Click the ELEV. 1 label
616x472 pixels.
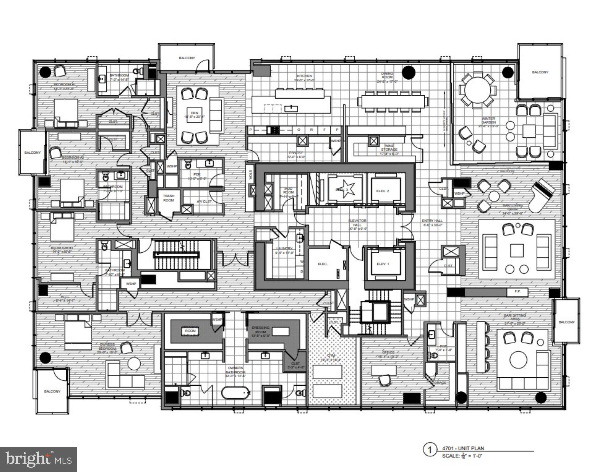coord(383,264)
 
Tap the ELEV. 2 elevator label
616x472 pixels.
coord(383,191)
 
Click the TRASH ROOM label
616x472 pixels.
coord(168,198)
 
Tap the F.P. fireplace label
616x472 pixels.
coord(517,291)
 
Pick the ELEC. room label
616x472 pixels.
coord(323,264)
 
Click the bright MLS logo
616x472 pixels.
coord(38,459)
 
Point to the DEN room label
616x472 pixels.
coord(194,113)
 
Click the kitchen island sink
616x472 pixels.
coord(290,108)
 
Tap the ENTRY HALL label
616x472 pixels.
coord(432,222)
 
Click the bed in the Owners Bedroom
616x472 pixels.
coord(78,335)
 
